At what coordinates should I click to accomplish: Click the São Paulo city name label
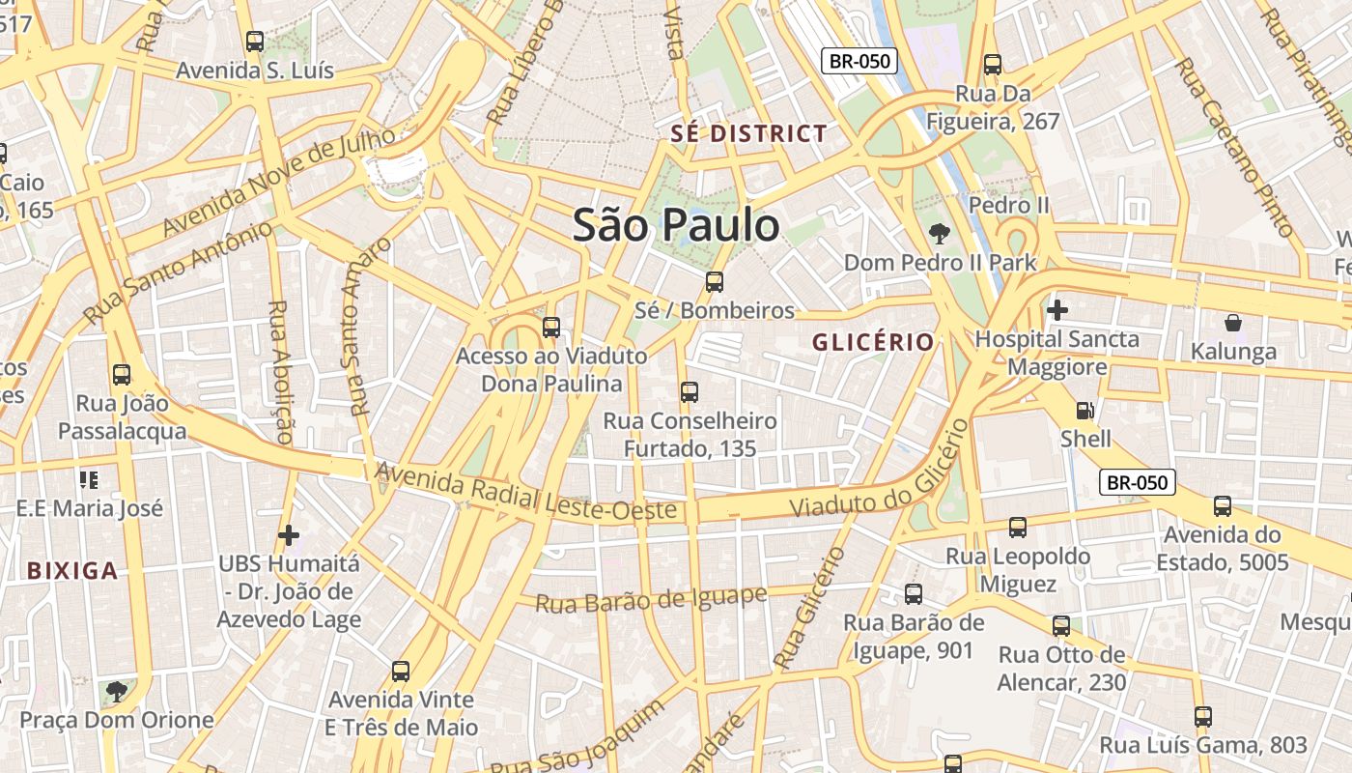tap(676, 225)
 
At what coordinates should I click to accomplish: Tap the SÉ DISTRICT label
tap(749, 133)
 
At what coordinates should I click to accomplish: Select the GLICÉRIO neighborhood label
tap(873, 342)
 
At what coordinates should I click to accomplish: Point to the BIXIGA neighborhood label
tap(72, 570)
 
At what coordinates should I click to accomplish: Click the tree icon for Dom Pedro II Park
tap(937, 233)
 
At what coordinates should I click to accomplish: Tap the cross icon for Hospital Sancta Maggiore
tap(1057, 310)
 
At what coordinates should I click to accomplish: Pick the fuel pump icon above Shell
tap(1085, 410)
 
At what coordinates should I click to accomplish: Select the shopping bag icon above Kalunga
tap(1232, 322)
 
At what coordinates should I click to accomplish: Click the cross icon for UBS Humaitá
tap(288, 534)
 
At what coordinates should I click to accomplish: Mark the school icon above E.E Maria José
tap(90, 479)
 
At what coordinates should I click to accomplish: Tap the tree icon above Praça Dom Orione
tap(116, 691)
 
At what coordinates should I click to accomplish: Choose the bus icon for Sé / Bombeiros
tap(714, 281)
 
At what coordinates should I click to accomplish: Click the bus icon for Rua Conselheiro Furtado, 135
tap(689, 391)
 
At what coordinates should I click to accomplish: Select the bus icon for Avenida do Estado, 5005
tap(1223, 505)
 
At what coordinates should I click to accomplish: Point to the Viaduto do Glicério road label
tap(879, 470)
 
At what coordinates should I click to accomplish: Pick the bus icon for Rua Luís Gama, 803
tap(1202, 716)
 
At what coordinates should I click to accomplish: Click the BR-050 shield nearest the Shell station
tap(1138, 481)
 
